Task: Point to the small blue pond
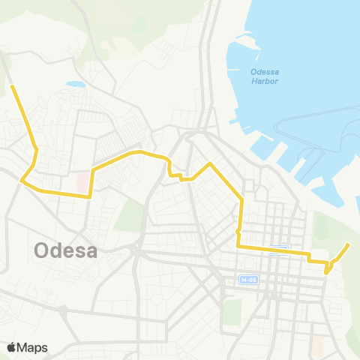coord(75,85)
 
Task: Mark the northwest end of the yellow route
coord(12,87)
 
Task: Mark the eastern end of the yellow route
coord(348,244)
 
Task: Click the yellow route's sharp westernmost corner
coord(22,181)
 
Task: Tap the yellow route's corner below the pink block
coord(90,196)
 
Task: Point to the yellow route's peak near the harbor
coord(209,163)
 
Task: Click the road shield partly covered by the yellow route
coord(279,249)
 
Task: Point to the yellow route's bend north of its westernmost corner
coord(36,149)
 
